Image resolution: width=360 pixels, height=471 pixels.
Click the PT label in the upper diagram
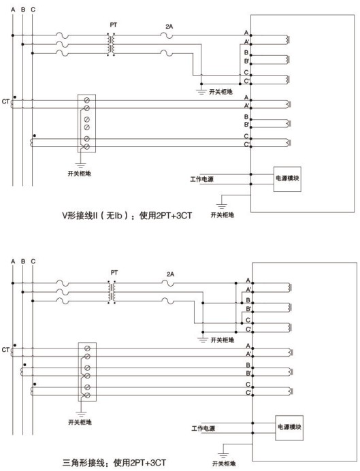click(113, 25)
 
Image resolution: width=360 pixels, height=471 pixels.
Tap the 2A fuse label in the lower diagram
click(170, 274)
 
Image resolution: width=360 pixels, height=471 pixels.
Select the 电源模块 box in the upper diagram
click(287, 179)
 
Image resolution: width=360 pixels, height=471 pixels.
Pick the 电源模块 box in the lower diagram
click(289, 428)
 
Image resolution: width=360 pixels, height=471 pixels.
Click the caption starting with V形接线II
click(127, 216)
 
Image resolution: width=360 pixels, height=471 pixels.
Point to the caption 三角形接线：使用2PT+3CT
click(114, 463)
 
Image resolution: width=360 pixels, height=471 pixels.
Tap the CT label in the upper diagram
click(5, 101)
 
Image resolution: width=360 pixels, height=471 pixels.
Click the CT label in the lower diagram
click(5, 350)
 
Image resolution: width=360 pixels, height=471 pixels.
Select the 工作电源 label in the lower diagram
click(203, 428)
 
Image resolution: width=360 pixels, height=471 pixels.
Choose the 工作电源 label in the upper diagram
click(201, 179)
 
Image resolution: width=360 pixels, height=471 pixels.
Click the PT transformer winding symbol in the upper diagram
click(111, 44)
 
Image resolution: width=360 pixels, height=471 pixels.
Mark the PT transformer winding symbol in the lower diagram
click(112, 292)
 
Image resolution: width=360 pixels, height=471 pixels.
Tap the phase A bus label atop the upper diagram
click(13, 10)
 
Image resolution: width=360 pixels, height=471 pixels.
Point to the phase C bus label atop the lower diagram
click(33, 261)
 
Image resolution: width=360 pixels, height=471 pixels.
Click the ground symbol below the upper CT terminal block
click(80, 165)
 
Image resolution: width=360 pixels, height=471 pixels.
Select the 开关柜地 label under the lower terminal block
click(80, 423)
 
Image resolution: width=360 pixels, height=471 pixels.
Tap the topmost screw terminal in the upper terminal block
click(87, 100)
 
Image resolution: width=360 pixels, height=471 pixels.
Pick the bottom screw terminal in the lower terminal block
click(87, 395)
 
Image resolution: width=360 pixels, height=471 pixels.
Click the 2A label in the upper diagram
click(169, 27)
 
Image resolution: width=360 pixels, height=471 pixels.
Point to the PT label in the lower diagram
click(114, 273)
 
